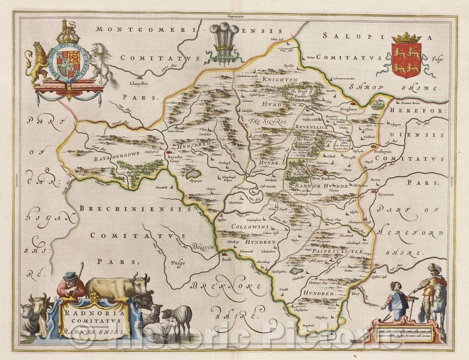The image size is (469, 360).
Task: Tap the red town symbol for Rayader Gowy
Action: (169, 152)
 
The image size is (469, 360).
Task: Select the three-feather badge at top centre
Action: (225, 41)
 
